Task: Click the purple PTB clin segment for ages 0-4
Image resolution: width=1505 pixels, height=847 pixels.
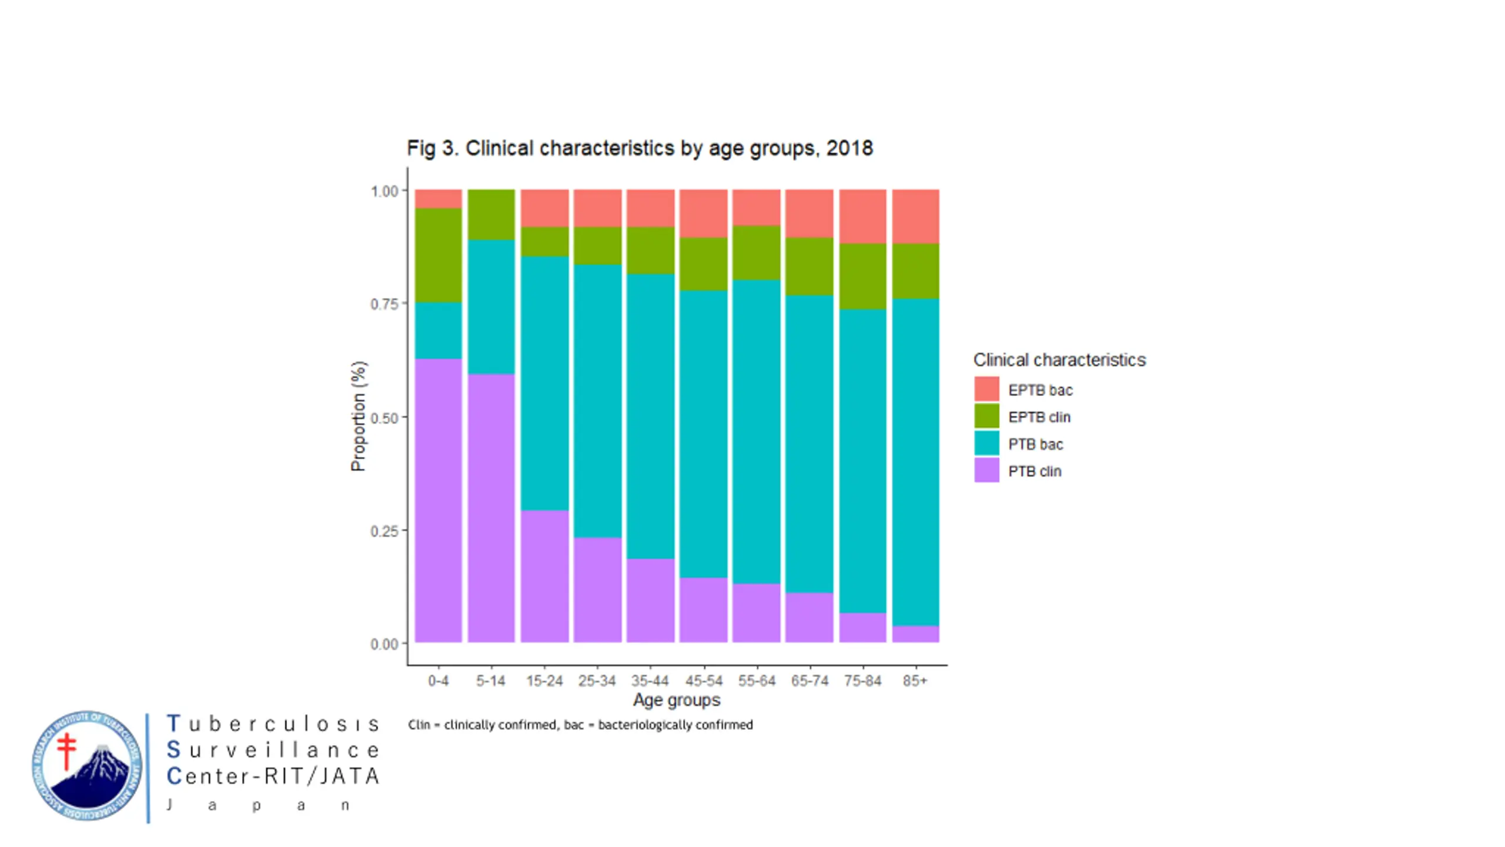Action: [438, 500]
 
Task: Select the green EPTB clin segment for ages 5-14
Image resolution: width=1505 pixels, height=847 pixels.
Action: [491, 214]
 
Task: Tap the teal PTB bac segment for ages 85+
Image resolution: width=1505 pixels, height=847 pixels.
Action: [915, 462]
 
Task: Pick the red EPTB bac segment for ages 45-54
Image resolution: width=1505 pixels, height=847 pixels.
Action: [703, 213]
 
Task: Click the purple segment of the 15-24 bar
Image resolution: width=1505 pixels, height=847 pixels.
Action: [544, 576]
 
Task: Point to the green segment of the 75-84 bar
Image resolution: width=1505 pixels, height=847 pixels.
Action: [862, 276]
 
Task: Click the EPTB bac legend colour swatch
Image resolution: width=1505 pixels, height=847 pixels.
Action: [986, 389]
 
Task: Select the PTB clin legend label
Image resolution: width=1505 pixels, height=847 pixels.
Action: [1035, 471]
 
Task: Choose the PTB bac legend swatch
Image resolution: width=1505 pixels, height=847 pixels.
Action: [986, 443]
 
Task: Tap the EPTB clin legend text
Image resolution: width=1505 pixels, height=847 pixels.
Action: [1039, 417]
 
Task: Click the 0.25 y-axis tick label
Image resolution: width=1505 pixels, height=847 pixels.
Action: [384, 531]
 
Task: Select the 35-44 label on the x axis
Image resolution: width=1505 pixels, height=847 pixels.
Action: [650, 681]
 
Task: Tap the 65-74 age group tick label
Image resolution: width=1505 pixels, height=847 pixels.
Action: [810, 681]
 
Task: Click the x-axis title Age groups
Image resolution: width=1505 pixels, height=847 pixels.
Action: [676, 700]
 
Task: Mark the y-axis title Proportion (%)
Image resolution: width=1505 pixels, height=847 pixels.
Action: [358, 416]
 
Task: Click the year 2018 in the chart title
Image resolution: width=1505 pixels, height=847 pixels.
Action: [850, 148]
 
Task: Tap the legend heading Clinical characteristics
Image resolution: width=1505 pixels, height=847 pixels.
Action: [1059, 359]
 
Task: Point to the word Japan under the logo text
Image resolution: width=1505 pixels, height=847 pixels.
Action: [259, 805]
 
